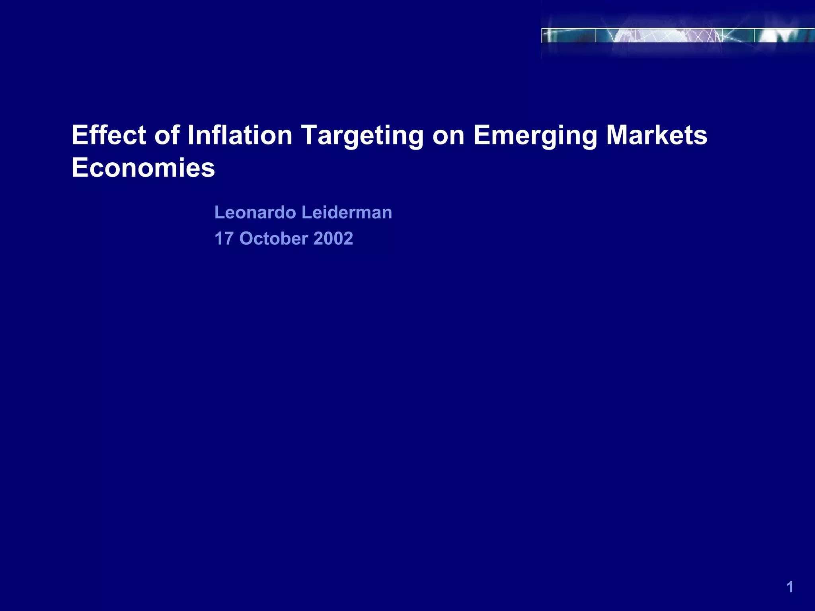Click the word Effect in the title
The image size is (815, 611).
[109, 135]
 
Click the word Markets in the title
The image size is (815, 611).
[657, 135]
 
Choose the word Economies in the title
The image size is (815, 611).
[143, 168]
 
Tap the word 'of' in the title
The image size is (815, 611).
[167, 135]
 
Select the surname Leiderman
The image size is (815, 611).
[347, 212]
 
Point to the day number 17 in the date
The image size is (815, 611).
[224, 239]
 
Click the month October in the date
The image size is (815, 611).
[274, 239]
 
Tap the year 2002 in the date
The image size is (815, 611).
[333, 239]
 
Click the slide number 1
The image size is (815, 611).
[790, 587]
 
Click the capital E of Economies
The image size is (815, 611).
[80, 168]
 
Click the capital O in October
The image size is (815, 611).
[247, 239]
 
